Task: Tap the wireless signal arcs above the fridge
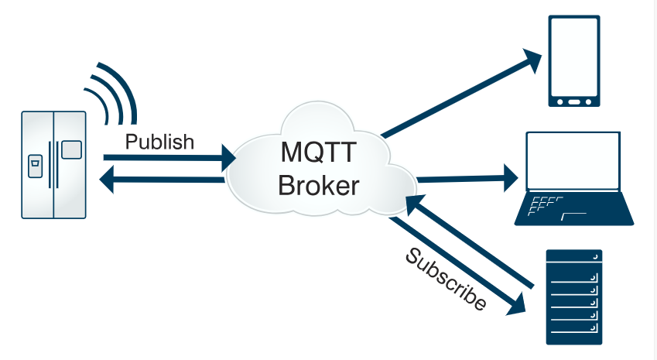point(113,91)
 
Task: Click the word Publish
point(159,142)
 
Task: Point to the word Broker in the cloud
point(319,186)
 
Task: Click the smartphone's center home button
point(574,101)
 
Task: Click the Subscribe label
point(446,279)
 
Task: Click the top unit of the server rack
point(573,259)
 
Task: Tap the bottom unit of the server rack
point(573,335)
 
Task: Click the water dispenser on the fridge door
point(35,166)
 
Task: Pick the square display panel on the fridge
point(71,149)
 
